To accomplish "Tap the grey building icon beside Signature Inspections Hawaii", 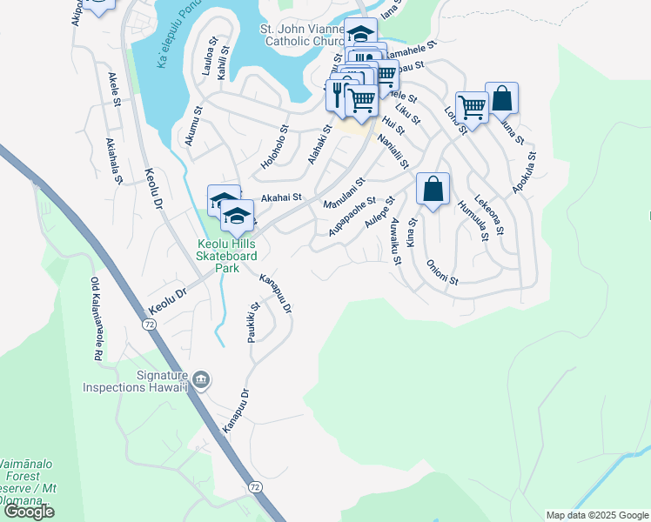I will coord(201,379).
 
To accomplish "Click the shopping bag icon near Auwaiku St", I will coord(433,190).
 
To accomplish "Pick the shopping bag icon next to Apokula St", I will coord(502,98).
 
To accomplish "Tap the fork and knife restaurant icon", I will coord(338,93).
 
